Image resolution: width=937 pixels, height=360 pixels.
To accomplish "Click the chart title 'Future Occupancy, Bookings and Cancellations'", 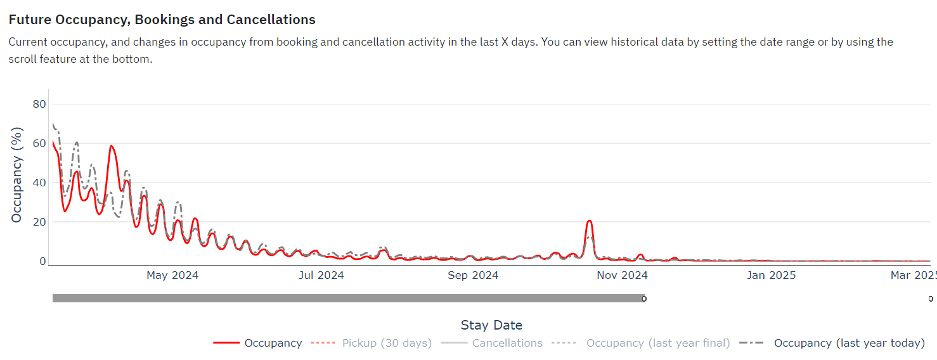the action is [162, 20].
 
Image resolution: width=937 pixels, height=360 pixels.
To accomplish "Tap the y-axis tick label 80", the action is [39, 104].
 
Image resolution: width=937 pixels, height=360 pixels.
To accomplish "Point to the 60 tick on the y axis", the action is [39, 143].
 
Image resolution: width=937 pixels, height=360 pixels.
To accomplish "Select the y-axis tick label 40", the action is [39, 183].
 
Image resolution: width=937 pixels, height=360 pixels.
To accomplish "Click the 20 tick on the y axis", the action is [39, 222].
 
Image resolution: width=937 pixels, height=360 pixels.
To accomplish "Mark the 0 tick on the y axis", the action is [42, 261].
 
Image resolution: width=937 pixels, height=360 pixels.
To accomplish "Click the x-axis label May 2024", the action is [172, 275].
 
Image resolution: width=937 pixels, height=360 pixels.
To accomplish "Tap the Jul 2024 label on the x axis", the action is [321, 275].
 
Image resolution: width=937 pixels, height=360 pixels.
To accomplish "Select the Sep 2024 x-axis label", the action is [473, 275].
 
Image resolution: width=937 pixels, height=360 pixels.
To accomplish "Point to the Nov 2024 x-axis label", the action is [622, 275].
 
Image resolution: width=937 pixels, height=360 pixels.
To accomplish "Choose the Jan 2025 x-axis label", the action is [772, 275].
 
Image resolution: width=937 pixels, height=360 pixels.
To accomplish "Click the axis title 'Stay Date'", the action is [491, 325].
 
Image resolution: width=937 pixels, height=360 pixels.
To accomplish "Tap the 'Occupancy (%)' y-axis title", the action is [16, 175].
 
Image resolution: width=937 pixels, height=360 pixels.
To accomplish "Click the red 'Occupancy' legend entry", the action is [257, 343].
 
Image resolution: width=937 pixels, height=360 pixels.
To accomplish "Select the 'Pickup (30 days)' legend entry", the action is [372, 343].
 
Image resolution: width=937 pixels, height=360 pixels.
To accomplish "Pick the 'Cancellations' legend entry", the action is [492, 343].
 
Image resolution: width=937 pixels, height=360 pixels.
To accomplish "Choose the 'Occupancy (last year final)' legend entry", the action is [641, 343].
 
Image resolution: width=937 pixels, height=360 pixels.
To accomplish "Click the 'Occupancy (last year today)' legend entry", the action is [832, 343].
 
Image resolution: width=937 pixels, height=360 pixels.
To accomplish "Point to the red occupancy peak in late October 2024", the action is [590, 221].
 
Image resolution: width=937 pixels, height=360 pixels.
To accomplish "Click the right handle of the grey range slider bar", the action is [644, 299].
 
